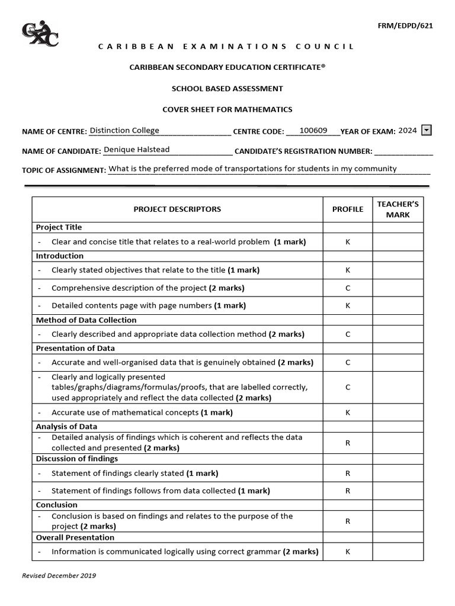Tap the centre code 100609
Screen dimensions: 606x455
(313, 131)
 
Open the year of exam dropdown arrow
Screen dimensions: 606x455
(426, 131)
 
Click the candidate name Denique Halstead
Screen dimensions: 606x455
(137, 150)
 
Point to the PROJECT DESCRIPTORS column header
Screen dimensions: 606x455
(177, 209)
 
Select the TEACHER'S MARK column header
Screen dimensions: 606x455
(398, 209)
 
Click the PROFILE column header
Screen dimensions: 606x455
(348, 209)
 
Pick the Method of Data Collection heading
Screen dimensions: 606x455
(86, 320)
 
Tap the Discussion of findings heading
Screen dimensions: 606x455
(77, 459)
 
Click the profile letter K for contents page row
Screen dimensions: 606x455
(348, 305)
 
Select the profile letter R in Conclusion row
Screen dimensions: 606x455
(348, 521)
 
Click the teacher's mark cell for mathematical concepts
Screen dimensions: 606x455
(398, 412)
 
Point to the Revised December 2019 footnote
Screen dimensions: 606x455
(59, 575)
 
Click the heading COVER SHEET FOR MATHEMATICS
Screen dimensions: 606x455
(227, 109)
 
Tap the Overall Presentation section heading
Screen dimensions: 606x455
(75, 537)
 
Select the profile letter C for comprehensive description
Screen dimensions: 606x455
(348, 288)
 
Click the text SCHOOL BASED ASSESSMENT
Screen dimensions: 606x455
(227, 89)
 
